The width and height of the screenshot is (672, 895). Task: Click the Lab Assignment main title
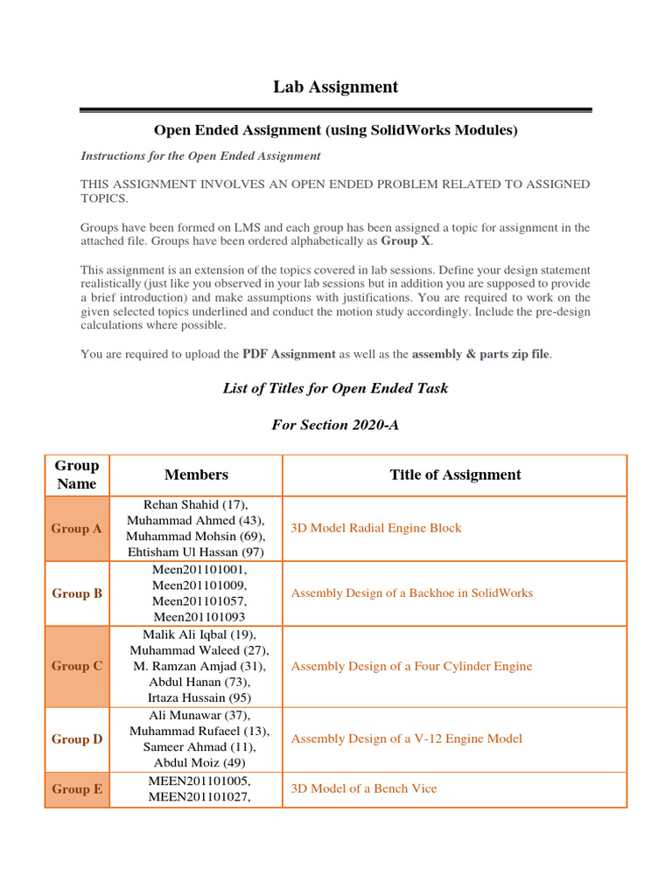(x=335, y=87)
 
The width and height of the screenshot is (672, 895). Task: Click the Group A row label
(x=77, y=529)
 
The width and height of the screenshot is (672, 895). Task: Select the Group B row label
(x=77, y=593)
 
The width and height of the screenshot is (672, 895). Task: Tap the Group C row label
(x=77, y=666)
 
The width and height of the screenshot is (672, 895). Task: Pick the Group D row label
(x=77, y=739)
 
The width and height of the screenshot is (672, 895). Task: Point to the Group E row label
(x=77, y=789)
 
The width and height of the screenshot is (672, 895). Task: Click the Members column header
(x=196, y=475)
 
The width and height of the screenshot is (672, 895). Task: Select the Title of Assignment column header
(x=455, y=475)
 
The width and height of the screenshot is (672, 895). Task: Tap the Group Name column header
(x=77, y=475)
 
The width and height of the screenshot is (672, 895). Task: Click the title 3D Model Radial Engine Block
(x=376, y=529)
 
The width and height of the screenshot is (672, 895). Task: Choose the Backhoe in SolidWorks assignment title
(x=411, y=593)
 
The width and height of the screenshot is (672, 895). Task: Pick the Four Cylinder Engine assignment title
(x=411, y=666)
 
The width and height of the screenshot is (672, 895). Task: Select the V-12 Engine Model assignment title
(x=407, y=739)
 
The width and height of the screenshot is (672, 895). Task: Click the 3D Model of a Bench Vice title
(x=364, y=789)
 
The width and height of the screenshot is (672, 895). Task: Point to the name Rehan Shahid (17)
(x=196, y=504)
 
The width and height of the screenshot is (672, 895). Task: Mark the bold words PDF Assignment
(x=289, y=354)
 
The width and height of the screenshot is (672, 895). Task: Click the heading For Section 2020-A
(x=335, y=425)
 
